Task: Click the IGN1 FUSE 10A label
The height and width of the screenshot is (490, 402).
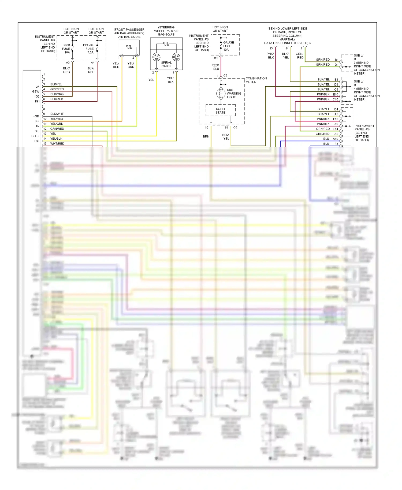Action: click(x=66, y=49)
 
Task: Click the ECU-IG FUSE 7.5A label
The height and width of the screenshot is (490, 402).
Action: click(x=89, y=49)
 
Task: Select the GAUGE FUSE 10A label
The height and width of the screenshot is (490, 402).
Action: click(x=228, y=46)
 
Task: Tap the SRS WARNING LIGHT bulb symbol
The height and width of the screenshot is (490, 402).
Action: click(x=221, y=93)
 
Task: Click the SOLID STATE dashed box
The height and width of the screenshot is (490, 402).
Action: click(x=220, y=110)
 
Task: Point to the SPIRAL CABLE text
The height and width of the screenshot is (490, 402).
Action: click(x=166, y=64)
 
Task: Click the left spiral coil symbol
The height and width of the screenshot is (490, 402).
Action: click(x=157, y=57)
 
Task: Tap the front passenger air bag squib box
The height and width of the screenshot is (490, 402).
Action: click(x=129, y=48)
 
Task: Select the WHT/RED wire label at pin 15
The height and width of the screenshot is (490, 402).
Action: click(x=57, y=144)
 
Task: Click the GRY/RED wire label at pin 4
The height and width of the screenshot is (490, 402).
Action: click(x=57, y=89)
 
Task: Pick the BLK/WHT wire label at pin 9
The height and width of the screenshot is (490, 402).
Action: click(x=57, y=114)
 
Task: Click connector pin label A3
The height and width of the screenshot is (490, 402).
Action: click(x=68, y=62)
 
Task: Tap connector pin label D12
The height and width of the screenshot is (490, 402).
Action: click(x=215, y=58)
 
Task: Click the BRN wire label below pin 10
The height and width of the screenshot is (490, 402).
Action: click(x=206, y=136)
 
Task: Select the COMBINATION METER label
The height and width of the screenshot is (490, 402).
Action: click(x=256, y=80)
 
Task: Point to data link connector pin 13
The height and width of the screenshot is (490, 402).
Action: click(x=271, y=49)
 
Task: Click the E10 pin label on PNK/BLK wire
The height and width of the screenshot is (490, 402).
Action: click(x=335, y=94)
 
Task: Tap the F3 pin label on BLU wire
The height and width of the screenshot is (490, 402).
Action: click(x=336, y=144)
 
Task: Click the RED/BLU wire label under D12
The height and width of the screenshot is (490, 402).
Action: click(x=215, y=67)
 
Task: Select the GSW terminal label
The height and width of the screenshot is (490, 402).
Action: click(x=36, y=91)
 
